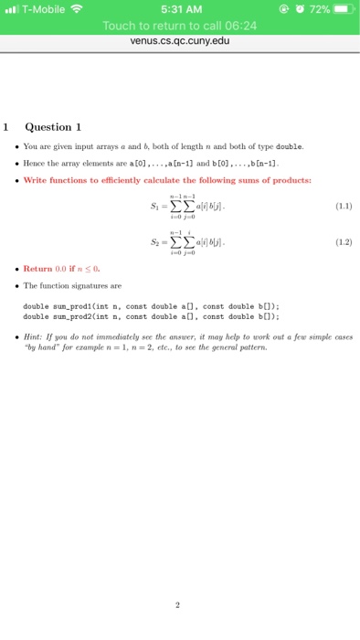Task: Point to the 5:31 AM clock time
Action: pos(181,8)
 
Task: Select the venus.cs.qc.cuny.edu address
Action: pos(180,41)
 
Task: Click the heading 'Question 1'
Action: pos(53,126)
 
